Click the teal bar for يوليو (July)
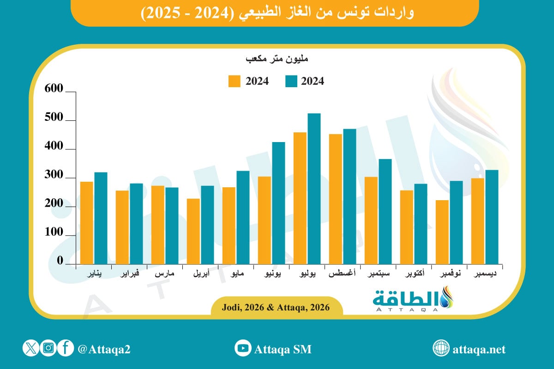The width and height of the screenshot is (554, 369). coord(314,189)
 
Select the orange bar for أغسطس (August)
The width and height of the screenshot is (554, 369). coord(336,199)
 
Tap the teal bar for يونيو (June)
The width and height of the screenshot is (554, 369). coord(278,203)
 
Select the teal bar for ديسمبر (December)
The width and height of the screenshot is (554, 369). coord(492,217)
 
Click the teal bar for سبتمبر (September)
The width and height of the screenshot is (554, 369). coord(385,212)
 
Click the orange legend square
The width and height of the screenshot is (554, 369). coord(235,81)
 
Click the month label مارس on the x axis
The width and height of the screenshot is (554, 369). coord(164,274)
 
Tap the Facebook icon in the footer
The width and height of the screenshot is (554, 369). coord(66,348)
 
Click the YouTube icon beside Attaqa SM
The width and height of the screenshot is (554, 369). coord(242,348)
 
